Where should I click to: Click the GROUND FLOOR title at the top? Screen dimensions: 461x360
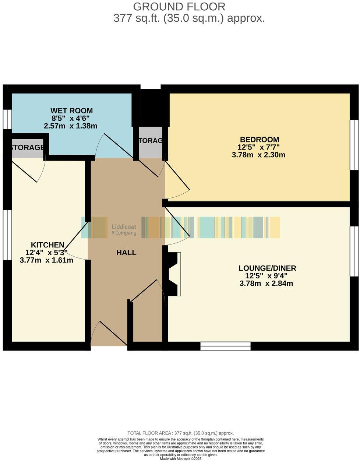tap(179, 7)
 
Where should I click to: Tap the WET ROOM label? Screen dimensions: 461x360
tap(71, 110)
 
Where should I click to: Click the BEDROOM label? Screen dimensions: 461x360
tap(260, 140)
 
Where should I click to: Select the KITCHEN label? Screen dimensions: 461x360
tap(47, 245)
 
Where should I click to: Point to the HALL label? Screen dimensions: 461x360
tap(126, 253)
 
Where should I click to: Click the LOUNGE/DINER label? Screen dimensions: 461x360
tap(267, 268)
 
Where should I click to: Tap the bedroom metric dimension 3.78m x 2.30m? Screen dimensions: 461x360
tap(258, 155)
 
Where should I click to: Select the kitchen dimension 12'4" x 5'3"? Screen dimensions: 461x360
tap(46, 253)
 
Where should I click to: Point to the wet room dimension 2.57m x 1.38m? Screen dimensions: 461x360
tap(70, 126)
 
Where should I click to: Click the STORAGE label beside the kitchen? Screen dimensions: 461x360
tap(28, 148)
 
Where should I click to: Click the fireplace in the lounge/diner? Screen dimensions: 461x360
tap(174, 274)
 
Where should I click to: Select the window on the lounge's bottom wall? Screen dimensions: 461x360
tap(225, 346)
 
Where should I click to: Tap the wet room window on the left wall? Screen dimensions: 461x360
tap(7, 119)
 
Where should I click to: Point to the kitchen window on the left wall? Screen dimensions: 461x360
tap(7, 235)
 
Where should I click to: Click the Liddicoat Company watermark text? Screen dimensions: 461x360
tap(124, 230)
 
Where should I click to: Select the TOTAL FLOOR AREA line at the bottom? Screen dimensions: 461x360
tap(180, 433)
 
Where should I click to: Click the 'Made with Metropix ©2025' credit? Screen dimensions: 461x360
tap(180, 458)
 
